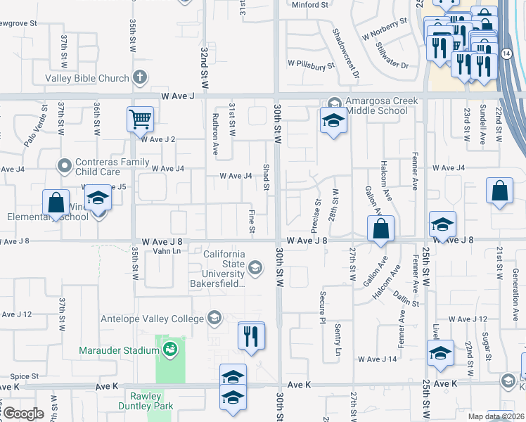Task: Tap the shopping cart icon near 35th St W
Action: coord(140,119)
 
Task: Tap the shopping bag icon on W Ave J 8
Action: coord(380,229)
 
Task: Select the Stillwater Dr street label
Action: coord(392,56)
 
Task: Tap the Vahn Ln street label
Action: coord(167,251)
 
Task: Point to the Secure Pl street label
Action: coord(322,307)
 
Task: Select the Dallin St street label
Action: coord(406,298)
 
